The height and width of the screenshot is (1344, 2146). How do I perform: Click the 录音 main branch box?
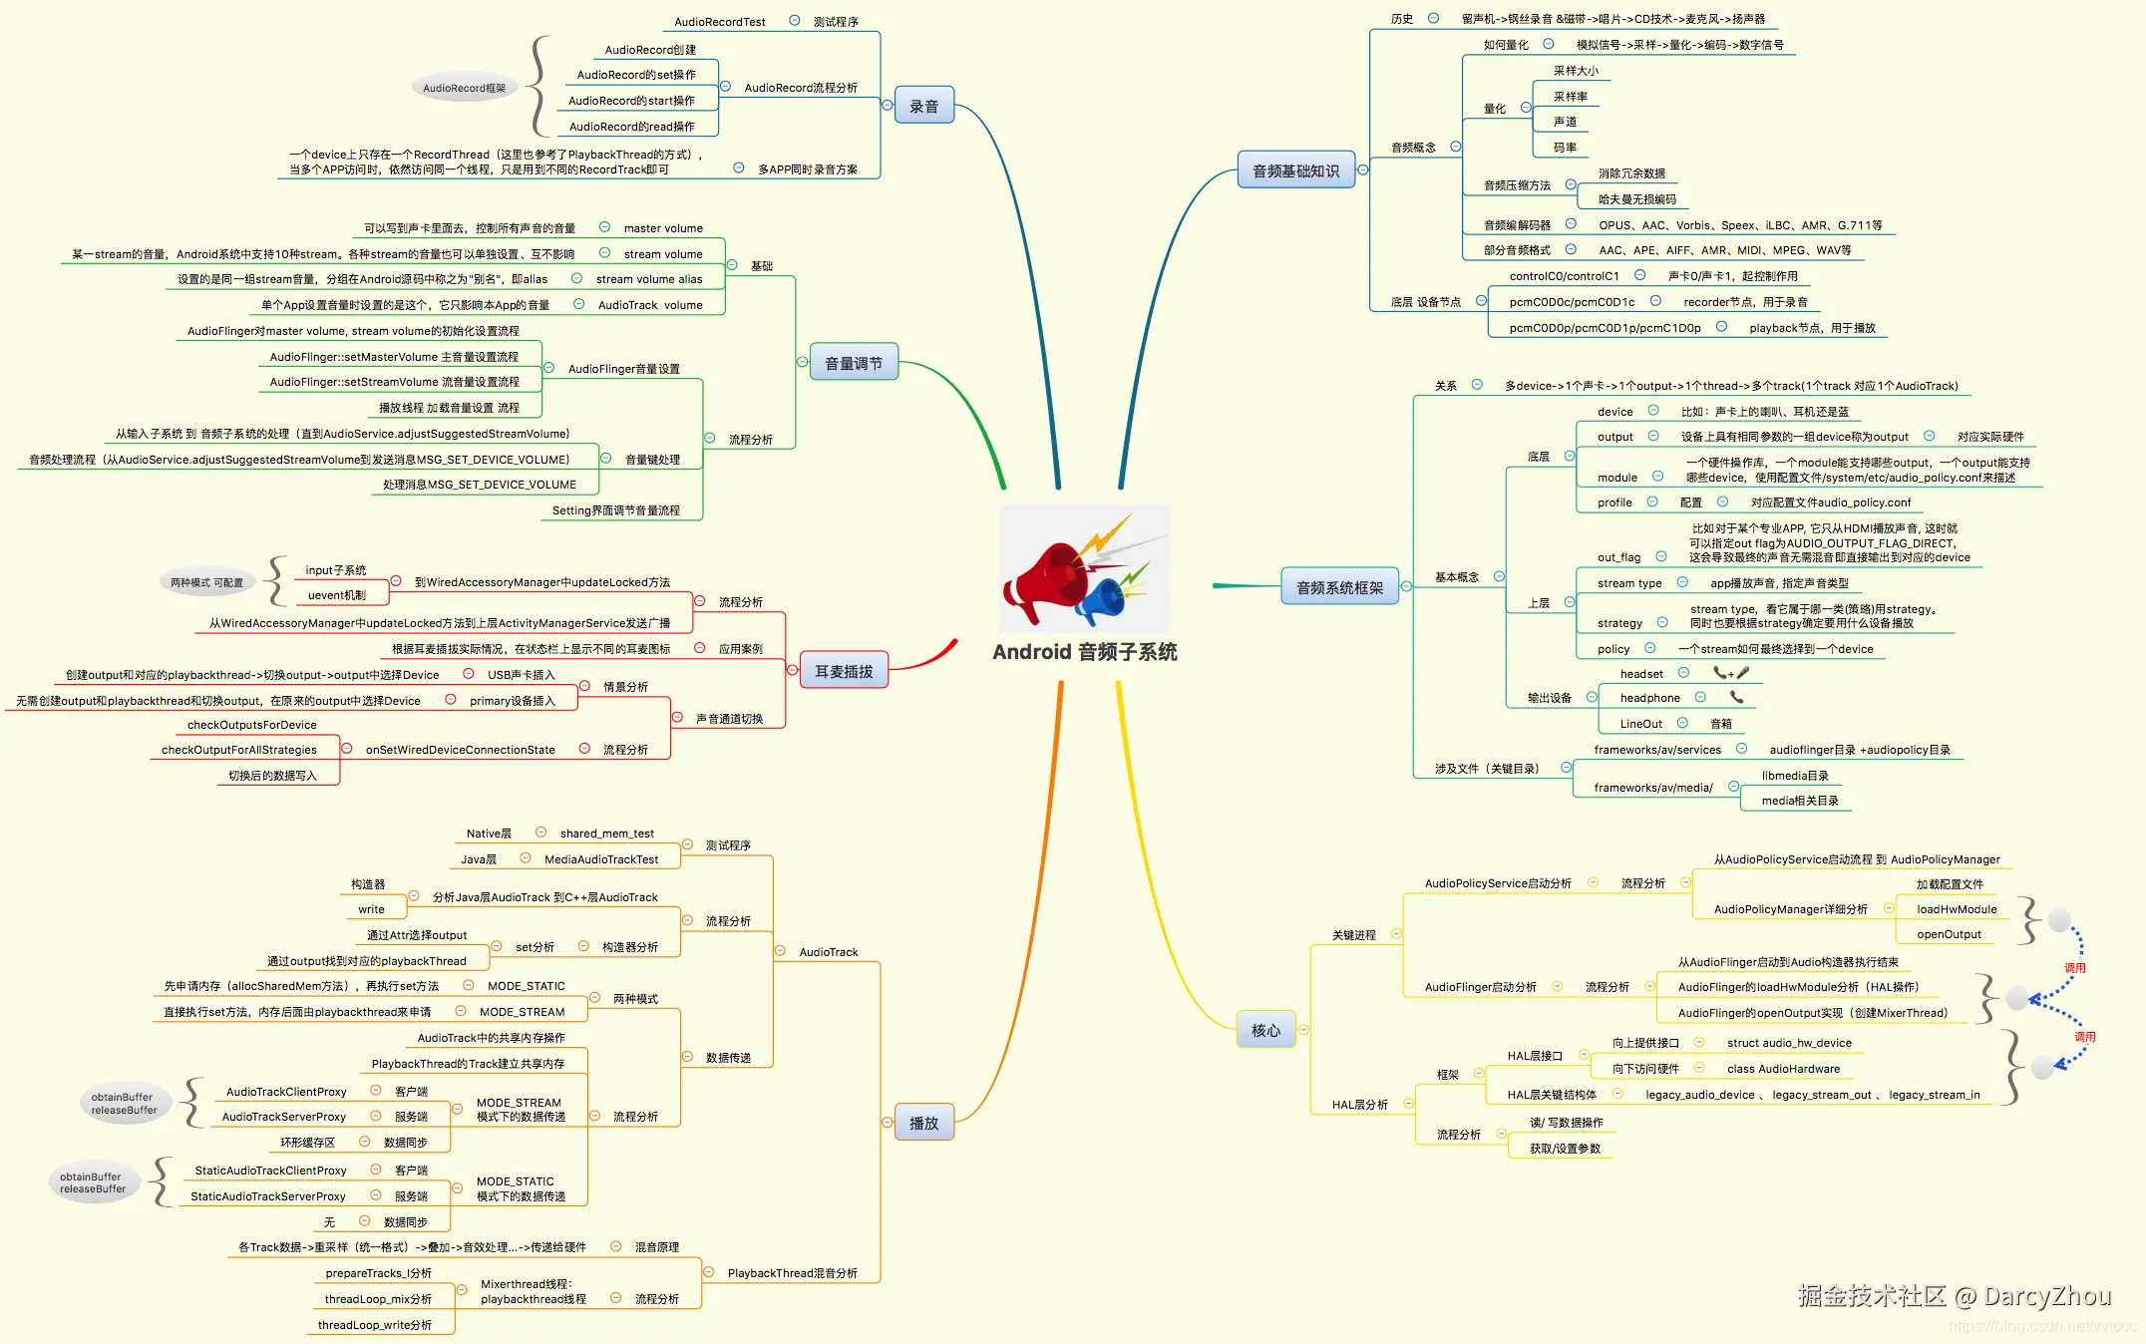(923, 106)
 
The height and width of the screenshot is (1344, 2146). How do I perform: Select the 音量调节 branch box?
(853, 363)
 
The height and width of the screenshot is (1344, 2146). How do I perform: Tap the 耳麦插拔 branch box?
(844, 671)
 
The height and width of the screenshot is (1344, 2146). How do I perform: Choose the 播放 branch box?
(923, 1123)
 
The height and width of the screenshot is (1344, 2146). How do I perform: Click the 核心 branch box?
(1265, 1030)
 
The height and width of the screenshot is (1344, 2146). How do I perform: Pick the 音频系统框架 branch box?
(1339, 587)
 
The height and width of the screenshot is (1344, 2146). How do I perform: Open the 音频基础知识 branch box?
(1295, 170)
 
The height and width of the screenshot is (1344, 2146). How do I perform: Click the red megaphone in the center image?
(1047, 578)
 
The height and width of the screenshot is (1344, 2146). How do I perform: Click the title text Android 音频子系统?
(1084, 652)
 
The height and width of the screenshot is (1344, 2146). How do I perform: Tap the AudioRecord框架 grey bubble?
(464, 88)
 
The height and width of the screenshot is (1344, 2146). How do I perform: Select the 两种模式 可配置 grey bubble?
(206, 582)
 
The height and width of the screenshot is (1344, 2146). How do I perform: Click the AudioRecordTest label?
(719, 22)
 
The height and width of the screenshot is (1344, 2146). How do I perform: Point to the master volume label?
(663, 228)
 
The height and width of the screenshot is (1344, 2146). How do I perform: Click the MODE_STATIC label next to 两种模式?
(526, 986)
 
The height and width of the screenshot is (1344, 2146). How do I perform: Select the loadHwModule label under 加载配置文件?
(1956, 909)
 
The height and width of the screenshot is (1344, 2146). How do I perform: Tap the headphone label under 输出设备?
(1649, 698)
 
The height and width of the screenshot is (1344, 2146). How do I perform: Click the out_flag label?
(1618, 557)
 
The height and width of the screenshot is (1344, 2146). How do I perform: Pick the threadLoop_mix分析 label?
(378, 1299)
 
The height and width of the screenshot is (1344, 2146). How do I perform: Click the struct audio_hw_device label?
(1789, 1043)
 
